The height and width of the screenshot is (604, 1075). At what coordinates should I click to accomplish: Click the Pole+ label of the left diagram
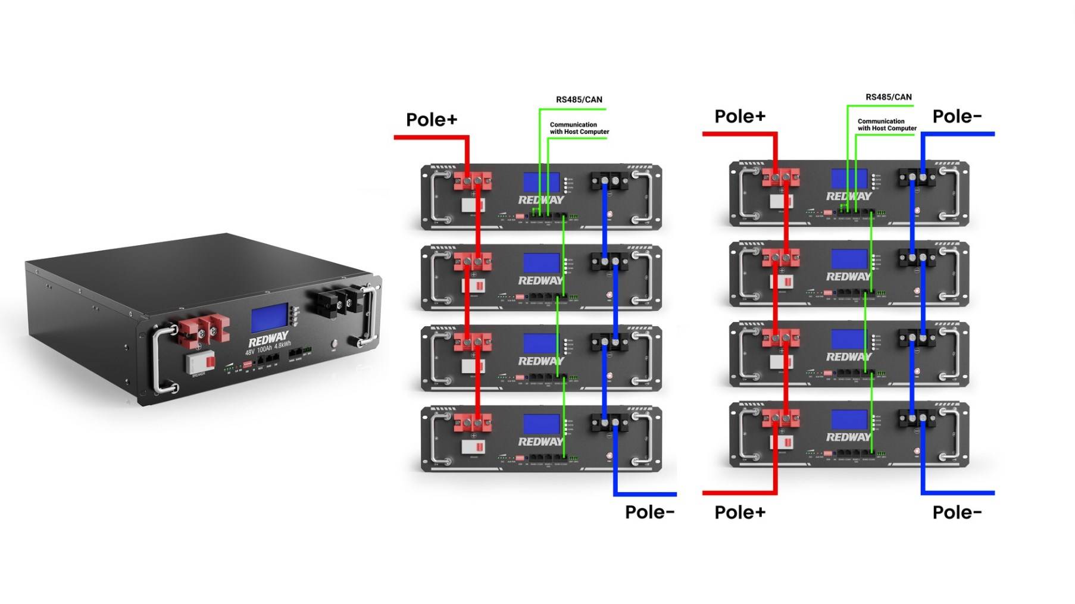pyautogui.click(x=432, y=120)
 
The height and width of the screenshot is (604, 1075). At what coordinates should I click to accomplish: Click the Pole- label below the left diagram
pyautogui.click(x=649, y=512)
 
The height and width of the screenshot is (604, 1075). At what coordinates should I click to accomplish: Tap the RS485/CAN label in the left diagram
pyautogui.click(x=579, y=99)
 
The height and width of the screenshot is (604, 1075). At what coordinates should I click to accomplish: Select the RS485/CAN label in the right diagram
pyautogui.click(x=888, y=97)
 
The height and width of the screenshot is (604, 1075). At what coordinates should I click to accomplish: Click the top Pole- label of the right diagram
pyautogui.click(x=957, y=116)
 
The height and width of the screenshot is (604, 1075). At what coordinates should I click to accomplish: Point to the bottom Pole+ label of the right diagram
pyautogui.click(x=740, y=512)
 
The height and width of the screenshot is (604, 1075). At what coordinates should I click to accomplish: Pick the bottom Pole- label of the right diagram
pyautogui.click(x=957, y=512)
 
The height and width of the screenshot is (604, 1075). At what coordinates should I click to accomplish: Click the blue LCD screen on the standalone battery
pyautogui.click(x=269, y=320)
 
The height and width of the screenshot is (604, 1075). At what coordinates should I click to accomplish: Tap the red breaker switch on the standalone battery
pyautogui.click(x=200, y=361)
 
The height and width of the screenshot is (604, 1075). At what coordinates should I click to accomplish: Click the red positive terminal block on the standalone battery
pyautogui.click(x=204, y=331)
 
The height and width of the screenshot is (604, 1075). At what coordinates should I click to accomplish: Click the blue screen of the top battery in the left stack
pyautogui.click(x=541, y=182)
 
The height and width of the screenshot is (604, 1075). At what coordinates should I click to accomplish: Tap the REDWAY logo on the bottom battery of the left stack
pyautogui.click(x=540, y=442)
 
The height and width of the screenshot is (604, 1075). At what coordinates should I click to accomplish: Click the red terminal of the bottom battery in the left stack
pyautogui.click(x=473, y=423)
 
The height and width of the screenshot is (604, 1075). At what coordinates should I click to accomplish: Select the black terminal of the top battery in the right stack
pyautogui.click(x=916, y=177)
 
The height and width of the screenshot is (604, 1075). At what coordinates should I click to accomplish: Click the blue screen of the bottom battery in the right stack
pyautogui.click(x=849, y=419)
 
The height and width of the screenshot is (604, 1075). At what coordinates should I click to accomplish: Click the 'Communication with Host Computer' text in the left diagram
pyautogui.click(x=579, y=128)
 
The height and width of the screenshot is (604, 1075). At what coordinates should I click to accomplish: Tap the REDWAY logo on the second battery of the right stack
pyautogui.click(x=848, y=277)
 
